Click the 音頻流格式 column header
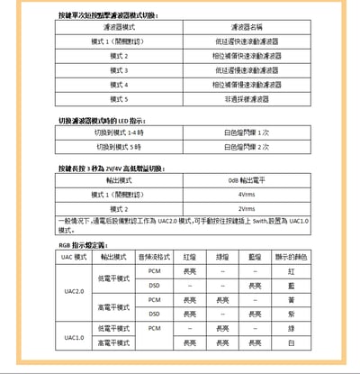pyautogui.click(x=155, y=256)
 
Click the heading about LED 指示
pyautogui.click(x=101, y=120)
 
